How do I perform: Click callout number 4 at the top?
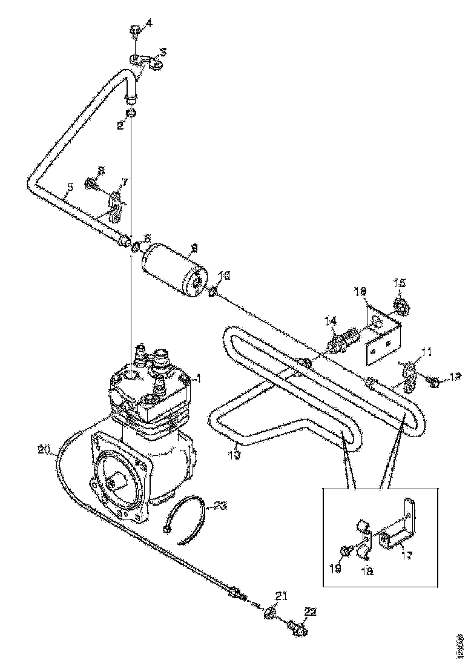click(149, 24)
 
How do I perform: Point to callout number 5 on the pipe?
click(70, 188)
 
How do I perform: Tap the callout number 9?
click(194, 247)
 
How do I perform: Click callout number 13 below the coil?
click(234, 454)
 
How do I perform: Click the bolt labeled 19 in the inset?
click(345, 550)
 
